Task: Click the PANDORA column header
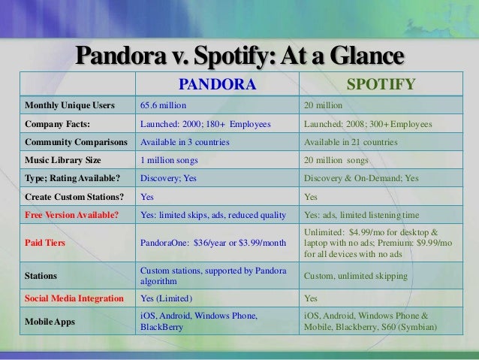point(216,83)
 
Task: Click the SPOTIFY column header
point(379,83)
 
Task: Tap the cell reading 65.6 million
point(163,106)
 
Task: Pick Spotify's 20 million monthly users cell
point(323,106)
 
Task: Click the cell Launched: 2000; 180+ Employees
point(204,124)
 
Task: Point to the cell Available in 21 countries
point(349,142)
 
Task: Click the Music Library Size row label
point(64,160)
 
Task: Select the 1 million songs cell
point(170,160)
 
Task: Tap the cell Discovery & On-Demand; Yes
point(361,178)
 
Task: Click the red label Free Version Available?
point(71,214)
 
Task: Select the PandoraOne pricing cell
point(213,244)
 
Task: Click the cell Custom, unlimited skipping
point(355,276)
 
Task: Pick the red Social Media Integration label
point(74,298)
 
